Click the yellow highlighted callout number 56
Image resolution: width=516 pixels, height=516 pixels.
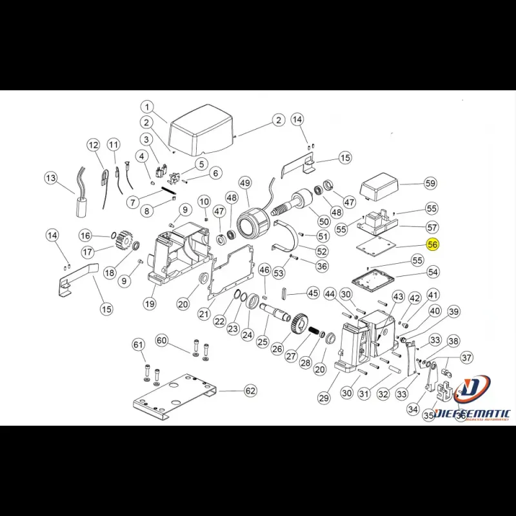pyautogui.click(x=433, y=245)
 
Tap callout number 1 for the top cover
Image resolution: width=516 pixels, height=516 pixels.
pyautogui.click(x=146, y=107)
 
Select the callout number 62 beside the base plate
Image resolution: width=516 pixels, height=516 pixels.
pyautogui.click(x=250, y=391)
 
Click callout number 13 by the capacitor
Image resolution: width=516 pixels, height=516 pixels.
pyautogui.click(x=51, y=178)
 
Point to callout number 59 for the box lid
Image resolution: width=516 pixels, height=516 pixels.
pyautogui.click(x=430, y=184)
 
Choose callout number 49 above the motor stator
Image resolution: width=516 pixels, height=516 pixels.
pyautogui.click(x=244, y=184)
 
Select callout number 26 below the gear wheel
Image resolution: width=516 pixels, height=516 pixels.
pyautogui.click(x=277, y=349)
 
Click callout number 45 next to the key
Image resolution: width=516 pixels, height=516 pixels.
pyautogui.click(x=313, y=293)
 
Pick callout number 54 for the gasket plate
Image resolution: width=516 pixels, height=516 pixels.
pyautogui.click(x=433, y=273)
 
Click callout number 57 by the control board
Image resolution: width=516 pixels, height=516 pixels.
pyautogui.click(x=432, y=228)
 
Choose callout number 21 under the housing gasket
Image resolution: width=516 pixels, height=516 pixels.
pyautogui.click(x=204, y=314)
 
